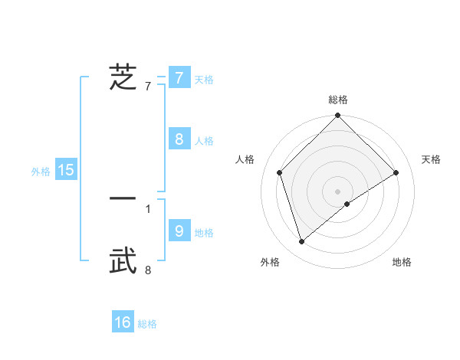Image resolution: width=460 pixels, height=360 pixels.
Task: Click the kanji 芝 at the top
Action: tap(123, 77)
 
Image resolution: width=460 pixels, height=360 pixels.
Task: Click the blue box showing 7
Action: tap(179, 77)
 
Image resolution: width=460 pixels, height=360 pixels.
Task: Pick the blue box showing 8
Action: tap(179, 139)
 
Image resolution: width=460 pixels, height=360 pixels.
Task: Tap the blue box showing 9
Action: tap(179, 231)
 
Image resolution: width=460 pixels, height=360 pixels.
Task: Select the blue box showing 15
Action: tap(66, 170)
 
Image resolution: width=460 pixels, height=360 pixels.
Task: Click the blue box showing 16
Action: tap(123, 322)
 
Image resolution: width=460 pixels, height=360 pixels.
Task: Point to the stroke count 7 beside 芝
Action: tap(148, 86)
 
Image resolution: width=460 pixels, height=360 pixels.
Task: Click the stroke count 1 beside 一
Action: tap(148, 208)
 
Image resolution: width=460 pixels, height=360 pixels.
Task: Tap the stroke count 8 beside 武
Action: tap(148, 270)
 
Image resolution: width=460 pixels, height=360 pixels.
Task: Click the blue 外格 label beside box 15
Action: tap(41, 172)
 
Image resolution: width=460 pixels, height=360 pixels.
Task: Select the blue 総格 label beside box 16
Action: tap(147, 324)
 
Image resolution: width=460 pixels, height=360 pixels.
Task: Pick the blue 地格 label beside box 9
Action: tap(204, 232)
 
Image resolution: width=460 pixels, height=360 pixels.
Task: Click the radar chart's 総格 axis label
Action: tap(338, 100)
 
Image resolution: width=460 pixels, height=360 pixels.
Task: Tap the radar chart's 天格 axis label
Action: tap(431, 159)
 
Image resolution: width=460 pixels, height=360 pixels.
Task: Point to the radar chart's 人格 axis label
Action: tap(245, 159)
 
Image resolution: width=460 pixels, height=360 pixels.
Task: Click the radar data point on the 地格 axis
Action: tap(347, 204)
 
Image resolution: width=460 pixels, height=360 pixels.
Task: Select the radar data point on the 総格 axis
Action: tap(338, 116)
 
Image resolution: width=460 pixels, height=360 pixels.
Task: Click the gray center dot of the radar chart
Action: tap(338, 191)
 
